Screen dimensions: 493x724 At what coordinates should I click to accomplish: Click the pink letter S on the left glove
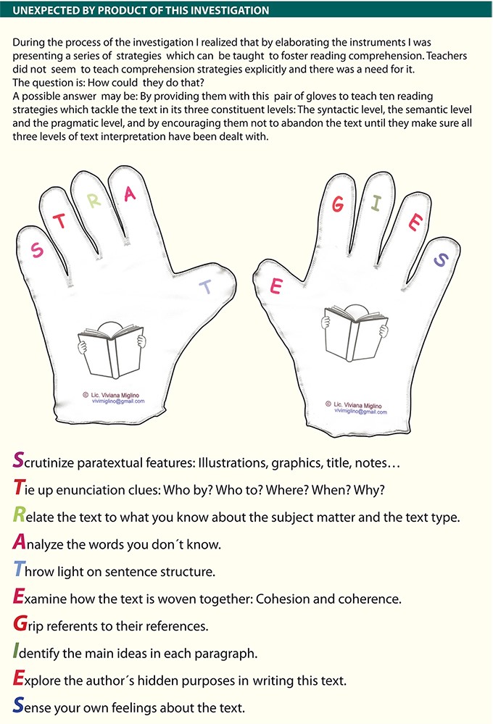[x=37, y=250]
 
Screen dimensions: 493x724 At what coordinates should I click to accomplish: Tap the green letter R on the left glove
[x=94, y=201]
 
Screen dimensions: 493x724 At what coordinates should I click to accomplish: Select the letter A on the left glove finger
[x=130, y=194]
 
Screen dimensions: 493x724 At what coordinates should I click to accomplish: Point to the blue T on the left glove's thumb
[x=206, y=287]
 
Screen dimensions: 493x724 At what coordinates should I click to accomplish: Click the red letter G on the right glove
[x=339, y=204]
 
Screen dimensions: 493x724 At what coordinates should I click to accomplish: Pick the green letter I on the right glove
[x=376, y=203]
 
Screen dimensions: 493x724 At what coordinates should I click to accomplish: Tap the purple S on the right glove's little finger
[x=440, y=260]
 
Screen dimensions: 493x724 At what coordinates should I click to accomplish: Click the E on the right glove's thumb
[x=275, y=286]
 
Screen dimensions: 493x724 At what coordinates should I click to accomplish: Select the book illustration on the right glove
[x=355, y=333]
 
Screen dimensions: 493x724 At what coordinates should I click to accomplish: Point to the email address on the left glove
[x=118, y=401]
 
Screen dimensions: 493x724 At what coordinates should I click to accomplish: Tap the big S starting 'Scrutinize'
[x=18, y=460]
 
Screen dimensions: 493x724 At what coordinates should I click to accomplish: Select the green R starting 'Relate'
[x=19, y=515]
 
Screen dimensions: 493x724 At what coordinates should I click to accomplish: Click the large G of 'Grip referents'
[x=20, y=623]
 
